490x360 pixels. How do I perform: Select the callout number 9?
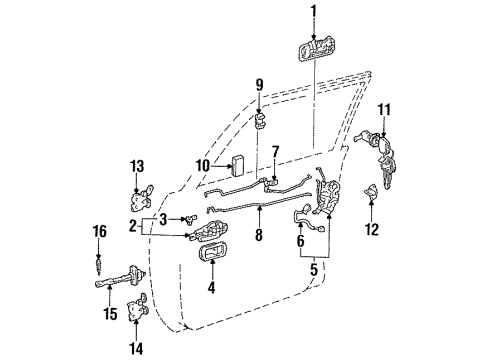click(258, 84)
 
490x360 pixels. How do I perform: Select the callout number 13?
click(138, 165)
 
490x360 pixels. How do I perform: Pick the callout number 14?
click(137, 348)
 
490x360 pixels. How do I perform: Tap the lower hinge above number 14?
click(138, 315)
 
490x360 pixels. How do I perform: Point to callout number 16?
click(98, 231)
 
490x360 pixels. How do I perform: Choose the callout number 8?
click(259, 237)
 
